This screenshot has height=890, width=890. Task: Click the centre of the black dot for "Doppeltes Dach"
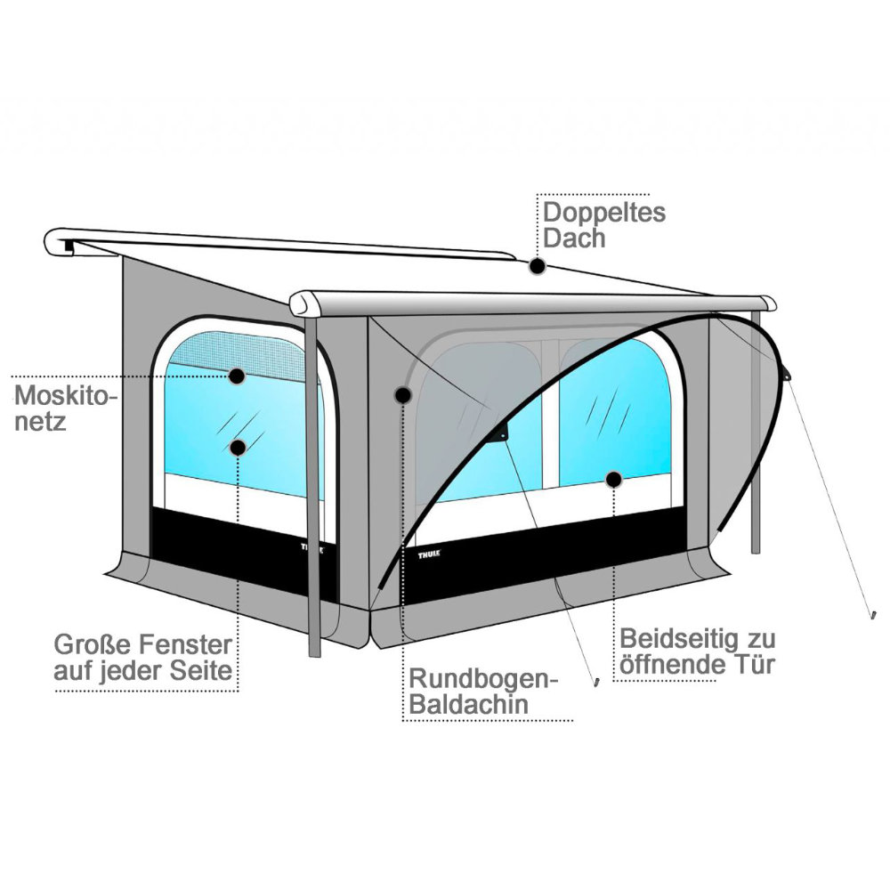click(538, 265)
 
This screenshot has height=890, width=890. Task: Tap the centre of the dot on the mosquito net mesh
click(238, 376)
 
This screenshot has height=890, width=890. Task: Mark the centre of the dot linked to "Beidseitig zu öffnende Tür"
click(613, 480)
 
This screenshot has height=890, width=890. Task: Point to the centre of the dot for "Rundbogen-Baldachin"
click(403, 394)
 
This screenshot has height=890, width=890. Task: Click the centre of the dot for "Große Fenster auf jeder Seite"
click(238, 448)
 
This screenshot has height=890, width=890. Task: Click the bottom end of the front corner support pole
click(314, 655)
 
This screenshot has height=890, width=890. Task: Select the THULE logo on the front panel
click(429, 554)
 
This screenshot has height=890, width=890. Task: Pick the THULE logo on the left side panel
click(312, 548)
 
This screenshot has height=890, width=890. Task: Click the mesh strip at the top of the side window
click(238, 353)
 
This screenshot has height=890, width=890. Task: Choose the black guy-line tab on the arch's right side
click(787, 374)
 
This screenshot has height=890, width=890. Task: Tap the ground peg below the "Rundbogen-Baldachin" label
click(596, 682)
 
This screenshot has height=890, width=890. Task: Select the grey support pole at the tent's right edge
click(756, 432)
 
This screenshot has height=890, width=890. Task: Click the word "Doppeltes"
click(604, 214)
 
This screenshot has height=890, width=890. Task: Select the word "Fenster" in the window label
click(186, 644)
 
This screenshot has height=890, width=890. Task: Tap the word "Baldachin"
click(469, 704)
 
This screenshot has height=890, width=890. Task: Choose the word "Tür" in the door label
click(754, 664)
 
